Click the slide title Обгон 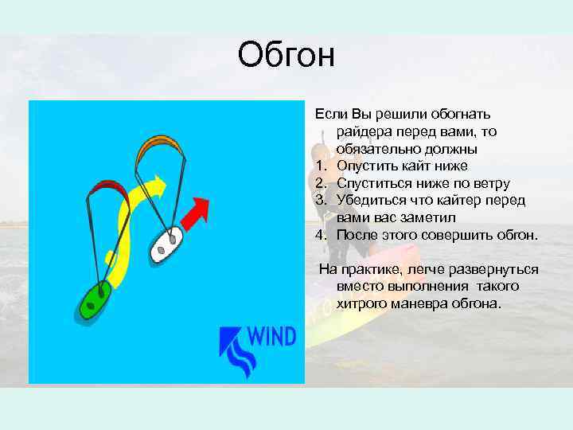[286, 56]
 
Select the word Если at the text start [330, 115]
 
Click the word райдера [362, 132]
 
